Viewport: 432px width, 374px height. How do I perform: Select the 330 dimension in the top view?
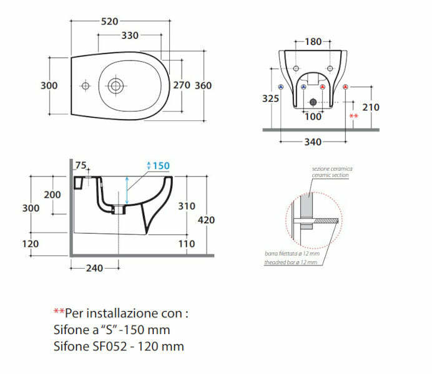pyautogui.click(x=130, y=36)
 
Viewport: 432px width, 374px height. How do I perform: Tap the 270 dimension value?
pyautogui.click(x=181, y=85)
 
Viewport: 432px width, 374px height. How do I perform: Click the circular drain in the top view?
pyautogui.click(x=115, y=85)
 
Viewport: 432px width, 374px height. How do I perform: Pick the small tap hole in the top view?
pyautogui.click(x=86, y=85)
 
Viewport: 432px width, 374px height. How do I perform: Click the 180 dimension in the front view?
pyautogui.click(x=313, y=42)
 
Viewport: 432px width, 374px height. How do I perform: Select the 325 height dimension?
pyautogui.click(x=271, y=98)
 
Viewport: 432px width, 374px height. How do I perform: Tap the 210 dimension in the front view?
pyautogui.click(x=371, y=107)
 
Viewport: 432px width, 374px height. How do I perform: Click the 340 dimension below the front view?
pyautogui.click(x=313, y=141)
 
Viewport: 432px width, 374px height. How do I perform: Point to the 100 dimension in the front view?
pyautogui.click(x=313, y=117)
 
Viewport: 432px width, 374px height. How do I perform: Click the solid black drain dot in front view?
pyautogui.click(x=313, y=101)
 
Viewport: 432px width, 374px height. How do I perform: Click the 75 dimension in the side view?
pyautogui.click(x=81, y=165)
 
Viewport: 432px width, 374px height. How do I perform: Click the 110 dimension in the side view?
pyautogui.click(x=187, y=244)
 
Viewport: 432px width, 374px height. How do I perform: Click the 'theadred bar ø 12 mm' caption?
pyautogui.click(x=291, y=262)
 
